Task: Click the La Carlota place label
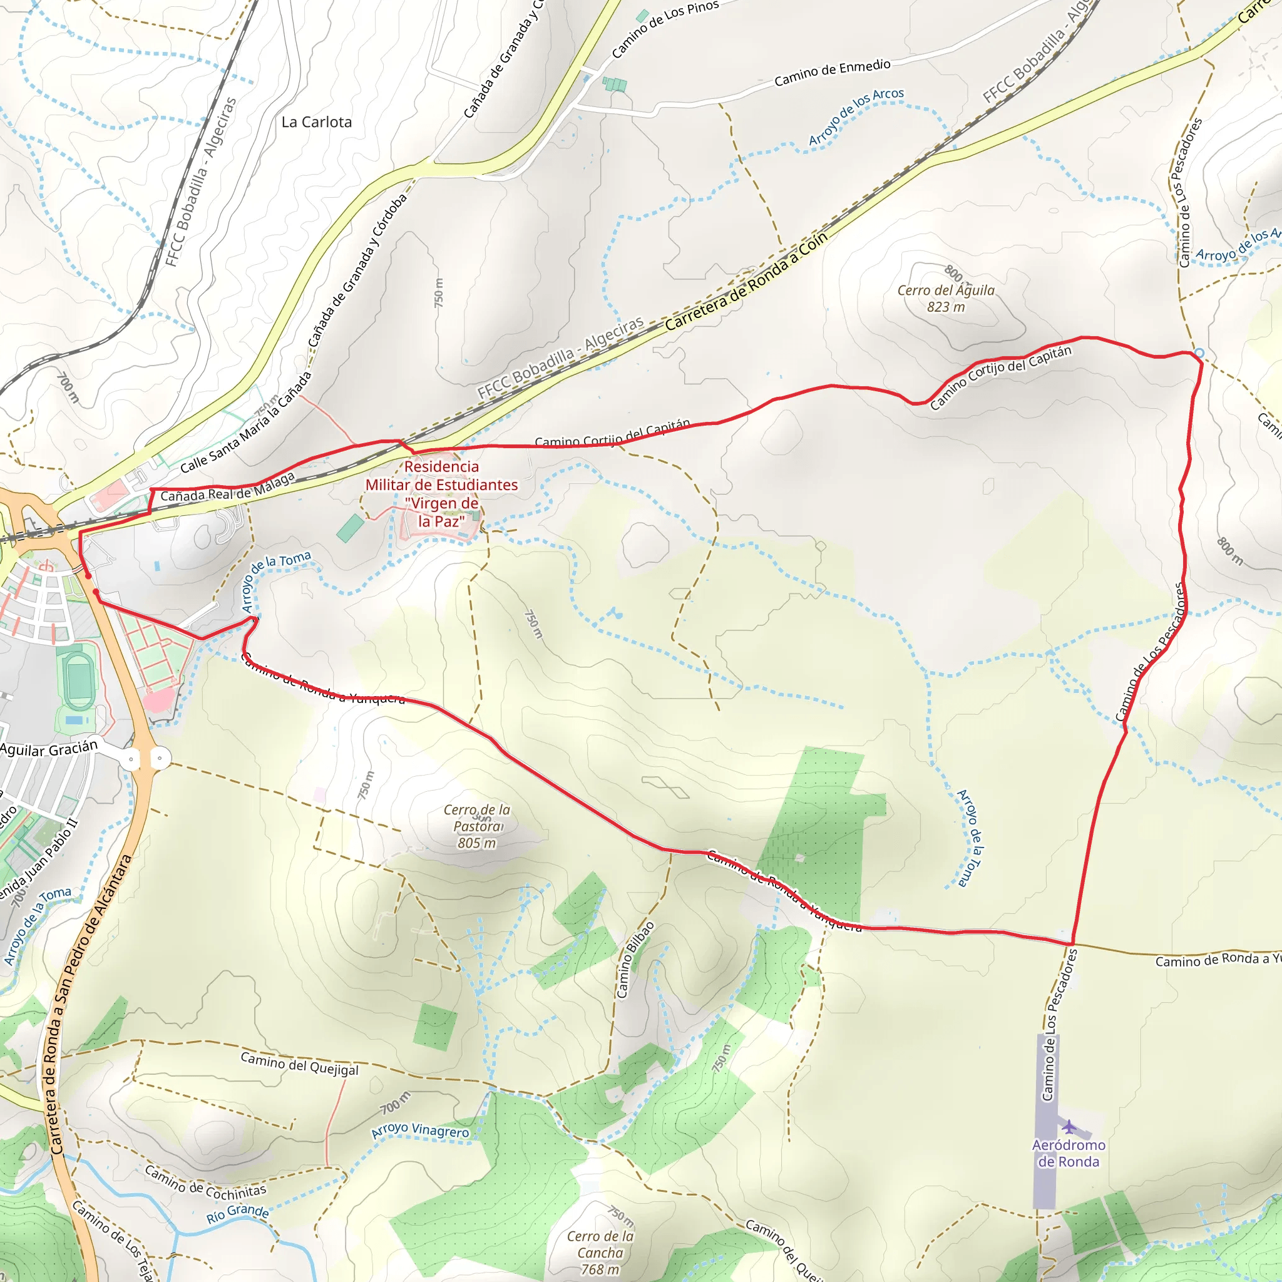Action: coord(317,122)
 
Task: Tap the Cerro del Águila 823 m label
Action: coord(946,298)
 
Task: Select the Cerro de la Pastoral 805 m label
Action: coord(477,826)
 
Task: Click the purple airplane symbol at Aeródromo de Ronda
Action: coord(1069,1126)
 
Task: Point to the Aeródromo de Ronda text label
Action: coord(1069,1153)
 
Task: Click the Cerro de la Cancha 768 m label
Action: coord(600,1253)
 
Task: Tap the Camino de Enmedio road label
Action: coord(832,73)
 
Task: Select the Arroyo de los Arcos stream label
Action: coord(856,117)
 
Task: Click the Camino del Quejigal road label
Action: coord(299,1063)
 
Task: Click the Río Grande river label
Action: coord(237,1214)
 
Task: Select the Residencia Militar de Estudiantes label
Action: coord(441,494)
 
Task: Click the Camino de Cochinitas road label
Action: coord(206,1182)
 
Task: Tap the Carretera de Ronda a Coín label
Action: coord(747,280)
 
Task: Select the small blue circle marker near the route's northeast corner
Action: coord(1199,353)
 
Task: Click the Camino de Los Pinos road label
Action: coord(665,29)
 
